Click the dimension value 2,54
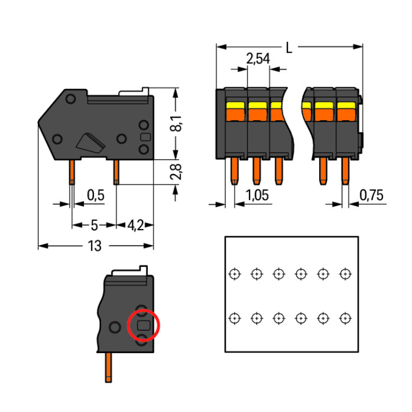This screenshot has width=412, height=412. (x=258, y=59)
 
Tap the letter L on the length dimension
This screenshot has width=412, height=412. (x=289, y=48)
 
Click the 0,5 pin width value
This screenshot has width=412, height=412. (x=96, y=195)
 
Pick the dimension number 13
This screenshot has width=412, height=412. (x=94, y=246)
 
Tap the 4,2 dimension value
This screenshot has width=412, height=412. (x=135, y=225)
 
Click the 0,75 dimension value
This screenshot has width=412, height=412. (x=371, y=196)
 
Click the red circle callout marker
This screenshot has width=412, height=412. (x=143, y=325)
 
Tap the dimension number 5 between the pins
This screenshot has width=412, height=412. (x=94, y=225)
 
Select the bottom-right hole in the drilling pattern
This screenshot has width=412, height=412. (x=345, y=318)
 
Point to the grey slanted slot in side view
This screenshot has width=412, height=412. (x=91, y=142)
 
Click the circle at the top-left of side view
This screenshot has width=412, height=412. (x=70, y=99)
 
